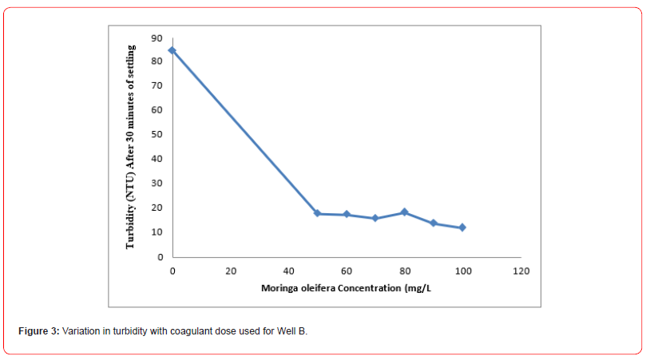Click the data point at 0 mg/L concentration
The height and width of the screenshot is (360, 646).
point(172,50)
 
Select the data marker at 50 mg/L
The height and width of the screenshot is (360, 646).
point(317,213)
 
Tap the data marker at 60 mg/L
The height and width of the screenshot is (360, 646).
point(347,214)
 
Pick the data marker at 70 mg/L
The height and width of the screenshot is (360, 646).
point(375,218)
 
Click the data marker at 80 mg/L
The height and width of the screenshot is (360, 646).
point(405,212)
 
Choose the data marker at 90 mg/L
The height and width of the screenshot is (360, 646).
point(434,223)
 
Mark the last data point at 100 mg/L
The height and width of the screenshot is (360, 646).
point(462,227)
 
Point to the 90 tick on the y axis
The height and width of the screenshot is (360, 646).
point(157,38)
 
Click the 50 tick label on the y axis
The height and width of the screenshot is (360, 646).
point(157,135)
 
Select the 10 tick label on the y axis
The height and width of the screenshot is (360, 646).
point(157,232)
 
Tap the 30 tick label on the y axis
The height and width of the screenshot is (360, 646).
point(157,184)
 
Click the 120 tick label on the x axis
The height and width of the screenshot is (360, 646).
point(521,271)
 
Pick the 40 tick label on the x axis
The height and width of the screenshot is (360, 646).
point(288,271)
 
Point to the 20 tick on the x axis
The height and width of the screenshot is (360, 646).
point(231,271)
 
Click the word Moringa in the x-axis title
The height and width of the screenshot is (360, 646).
point(279,288)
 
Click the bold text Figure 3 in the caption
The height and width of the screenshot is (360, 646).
point(39,330)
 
